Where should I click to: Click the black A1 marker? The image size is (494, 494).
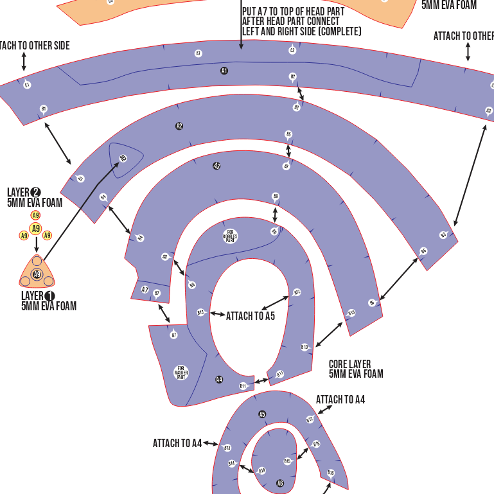coord(224,71)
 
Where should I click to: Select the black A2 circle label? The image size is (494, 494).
coord(179,126)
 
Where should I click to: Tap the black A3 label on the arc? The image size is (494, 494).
coord(216,166)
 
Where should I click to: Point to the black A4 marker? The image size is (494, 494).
coord(219,380)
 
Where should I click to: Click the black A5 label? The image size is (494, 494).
coord(262,414)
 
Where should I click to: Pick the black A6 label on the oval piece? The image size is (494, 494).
coord(280,483)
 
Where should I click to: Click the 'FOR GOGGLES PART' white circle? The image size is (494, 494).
coord(230,236)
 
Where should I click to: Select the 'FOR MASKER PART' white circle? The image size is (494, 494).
coord(181,372)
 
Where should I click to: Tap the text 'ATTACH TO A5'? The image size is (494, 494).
coord(251,316)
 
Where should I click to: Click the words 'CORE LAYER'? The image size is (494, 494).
coord(349,364)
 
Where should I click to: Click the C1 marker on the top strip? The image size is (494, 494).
coord(27,85)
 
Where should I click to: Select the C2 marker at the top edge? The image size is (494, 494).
coord(292,50)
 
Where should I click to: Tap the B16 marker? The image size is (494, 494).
coord(331,473)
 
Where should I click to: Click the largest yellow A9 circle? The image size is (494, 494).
coord(36,228)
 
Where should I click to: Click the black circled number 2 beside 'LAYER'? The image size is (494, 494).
coord(36,192)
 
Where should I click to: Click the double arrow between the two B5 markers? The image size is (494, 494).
coord(288,150)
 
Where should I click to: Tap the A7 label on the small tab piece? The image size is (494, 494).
coord(145,290)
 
